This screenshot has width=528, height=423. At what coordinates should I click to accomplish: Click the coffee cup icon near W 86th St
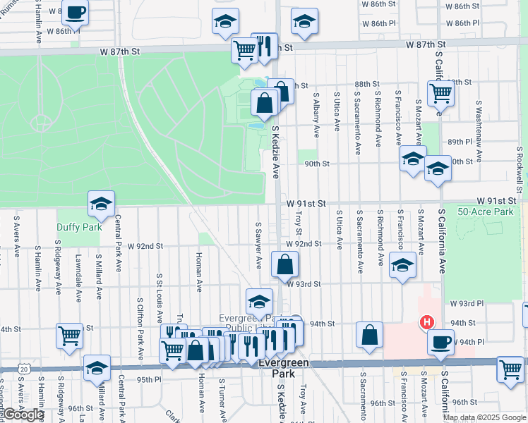click(x=75, y=12)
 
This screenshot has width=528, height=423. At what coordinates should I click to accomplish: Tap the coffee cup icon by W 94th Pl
click(x=441, y=343)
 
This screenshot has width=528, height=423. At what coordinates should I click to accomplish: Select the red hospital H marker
click(x=426, y=323)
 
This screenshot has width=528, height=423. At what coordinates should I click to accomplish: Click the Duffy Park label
click(x=79, y=227)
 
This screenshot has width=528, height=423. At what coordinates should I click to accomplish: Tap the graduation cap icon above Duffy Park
click(x=101, y=204)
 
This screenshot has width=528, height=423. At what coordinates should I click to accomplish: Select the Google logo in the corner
click(x=23, y=415)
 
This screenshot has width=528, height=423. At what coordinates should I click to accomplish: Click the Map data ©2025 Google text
click(x=484, y=417)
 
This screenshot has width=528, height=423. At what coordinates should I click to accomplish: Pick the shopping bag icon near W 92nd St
click(x=284, y=265)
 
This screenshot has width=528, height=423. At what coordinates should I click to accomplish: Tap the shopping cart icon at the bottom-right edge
click(x=510, y=369)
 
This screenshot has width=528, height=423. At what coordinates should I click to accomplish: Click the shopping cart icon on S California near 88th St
click(x=440, y=92)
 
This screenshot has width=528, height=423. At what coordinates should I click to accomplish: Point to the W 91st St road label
click(x=307, y=203)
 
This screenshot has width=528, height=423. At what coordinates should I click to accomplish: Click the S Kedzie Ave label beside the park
click(x=276, y=152)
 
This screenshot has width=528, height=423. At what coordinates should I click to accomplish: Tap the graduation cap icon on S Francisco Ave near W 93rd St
click(x=403, y=266)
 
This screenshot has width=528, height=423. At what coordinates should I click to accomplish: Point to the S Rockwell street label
click(x=520, y=169)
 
